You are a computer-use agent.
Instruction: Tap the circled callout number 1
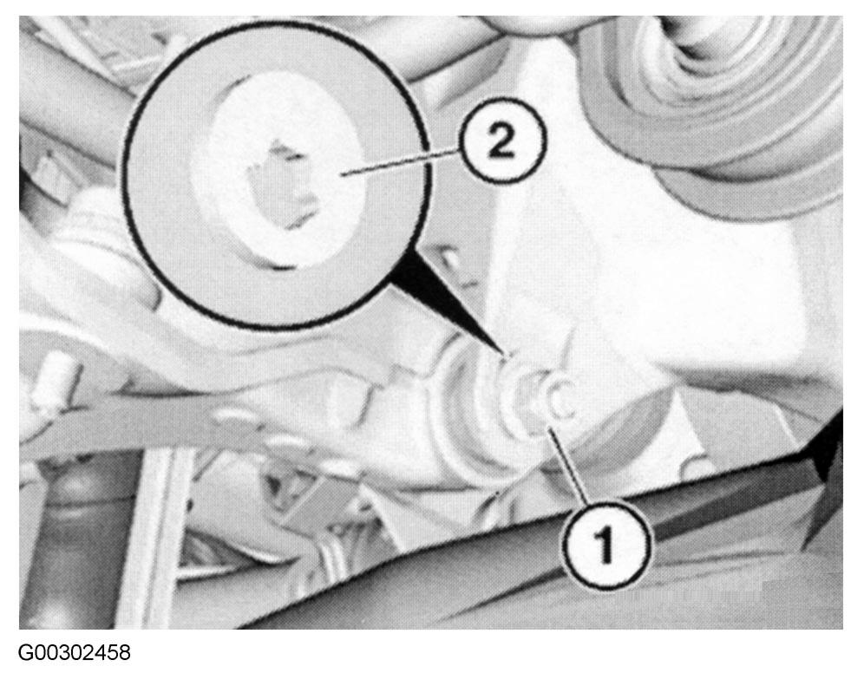605,543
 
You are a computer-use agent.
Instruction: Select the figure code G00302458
75,653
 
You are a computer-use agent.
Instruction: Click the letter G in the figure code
25,653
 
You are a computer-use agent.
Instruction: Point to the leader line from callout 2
402,162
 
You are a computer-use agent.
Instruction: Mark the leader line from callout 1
566,465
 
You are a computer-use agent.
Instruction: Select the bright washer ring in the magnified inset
278,176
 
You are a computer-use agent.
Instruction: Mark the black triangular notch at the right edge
827,446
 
